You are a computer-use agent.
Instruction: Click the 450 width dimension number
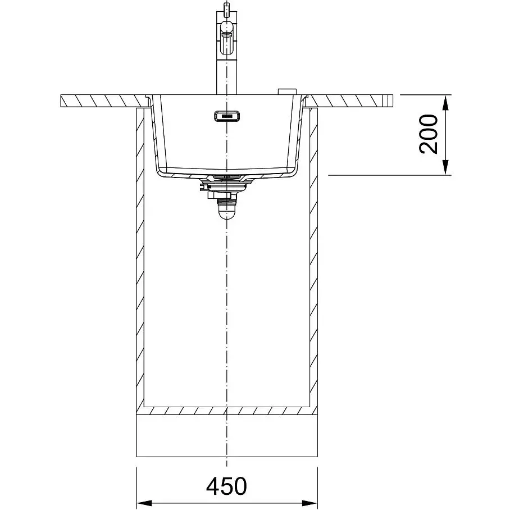point(226,486)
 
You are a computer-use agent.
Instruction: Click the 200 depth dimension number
point(428,134)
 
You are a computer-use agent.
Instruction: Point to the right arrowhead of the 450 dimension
point(310,503)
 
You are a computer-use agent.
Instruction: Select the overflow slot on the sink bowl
point(227,116)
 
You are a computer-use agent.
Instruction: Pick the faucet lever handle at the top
point(227,38)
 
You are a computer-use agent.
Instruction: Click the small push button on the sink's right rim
point(286,92)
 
